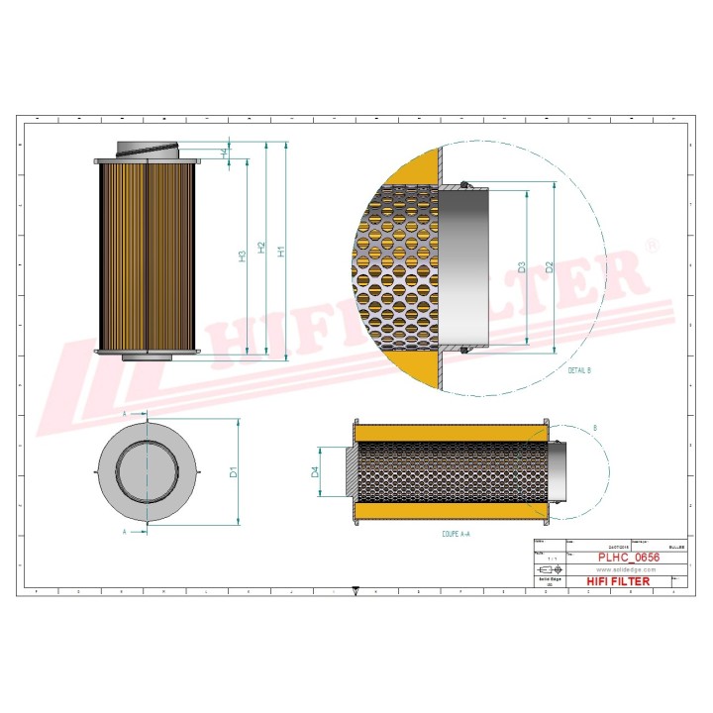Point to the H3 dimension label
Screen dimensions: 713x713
tap(242, 256)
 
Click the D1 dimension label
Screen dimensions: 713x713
tap(234, 471)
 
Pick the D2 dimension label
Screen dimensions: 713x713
tap(548, 267)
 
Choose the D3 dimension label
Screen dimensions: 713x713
tap(521, 267)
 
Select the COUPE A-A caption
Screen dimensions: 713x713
tap(457, 534)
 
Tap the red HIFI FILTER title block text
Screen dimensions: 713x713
tap(619, 581)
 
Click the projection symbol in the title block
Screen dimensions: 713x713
tap(548, 571)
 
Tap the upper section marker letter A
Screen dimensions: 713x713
tap(124, 412)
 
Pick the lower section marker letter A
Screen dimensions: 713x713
tap(124, 532)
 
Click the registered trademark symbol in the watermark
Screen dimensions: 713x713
tap(651, 244)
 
